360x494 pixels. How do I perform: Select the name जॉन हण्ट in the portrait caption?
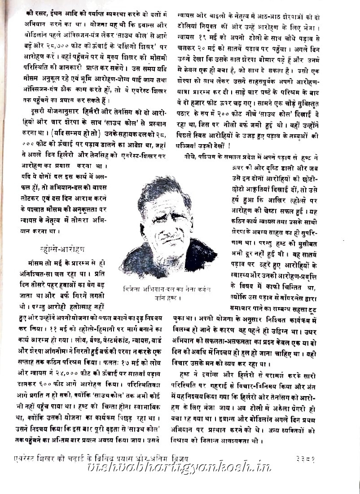(x=167, y=297)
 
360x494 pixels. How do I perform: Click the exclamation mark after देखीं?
(x=229, y=145)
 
